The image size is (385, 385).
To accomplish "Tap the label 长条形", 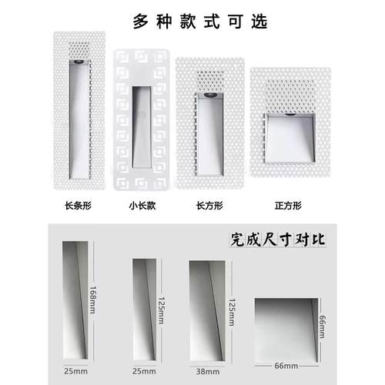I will [x=81, y=206].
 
